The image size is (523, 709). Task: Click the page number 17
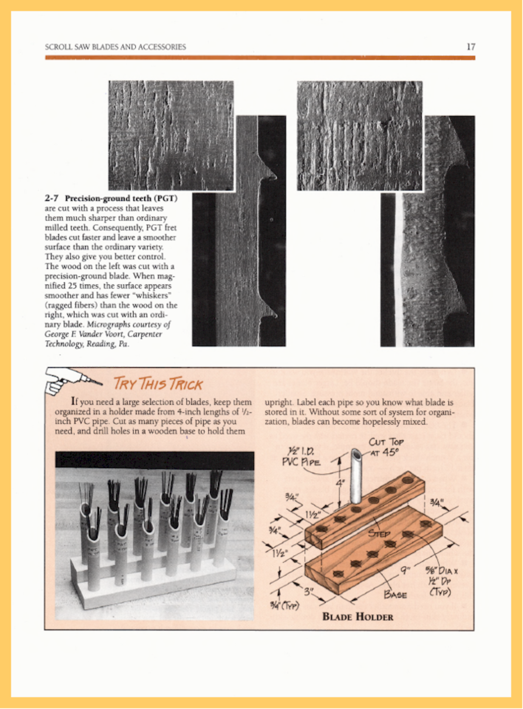coord(471,47)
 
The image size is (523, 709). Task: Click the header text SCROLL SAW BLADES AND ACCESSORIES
coord(115,47)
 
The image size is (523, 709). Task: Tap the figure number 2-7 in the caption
coord(51,198)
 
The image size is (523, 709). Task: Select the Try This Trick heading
coord(158,384)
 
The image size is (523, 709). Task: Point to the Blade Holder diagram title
coord(358,616)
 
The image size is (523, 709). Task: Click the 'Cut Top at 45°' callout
coord(386,447)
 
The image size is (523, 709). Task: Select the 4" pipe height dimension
coord(339,483)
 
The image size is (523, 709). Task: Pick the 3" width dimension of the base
coord(308,592)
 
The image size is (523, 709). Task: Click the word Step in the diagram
coord(379,534)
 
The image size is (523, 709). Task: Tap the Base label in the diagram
coord(395,594)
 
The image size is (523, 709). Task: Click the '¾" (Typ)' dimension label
coord(284,605)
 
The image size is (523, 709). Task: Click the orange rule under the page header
coord(260,58)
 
